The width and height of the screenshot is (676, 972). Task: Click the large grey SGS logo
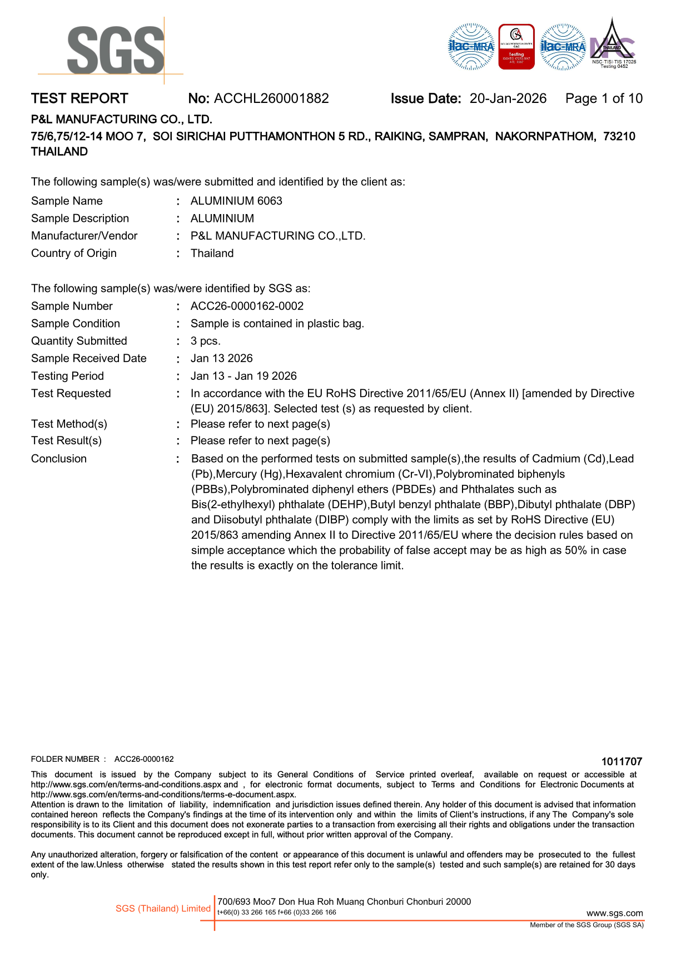click(116, 50)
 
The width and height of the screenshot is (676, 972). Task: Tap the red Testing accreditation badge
click(516, 47)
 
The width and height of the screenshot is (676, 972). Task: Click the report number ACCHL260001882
click(271, 98)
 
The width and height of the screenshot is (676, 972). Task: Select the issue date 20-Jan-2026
click(508, 98)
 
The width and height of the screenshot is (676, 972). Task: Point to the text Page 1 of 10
click(604, 98)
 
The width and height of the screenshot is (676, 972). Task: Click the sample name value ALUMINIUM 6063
click(236, 201)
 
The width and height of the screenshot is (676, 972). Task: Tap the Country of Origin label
click(74, 253)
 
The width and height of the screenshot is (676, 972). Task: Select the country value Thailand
click(212, 253)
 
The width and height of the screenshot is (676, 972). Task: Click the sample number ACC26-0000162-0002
click(247, 306)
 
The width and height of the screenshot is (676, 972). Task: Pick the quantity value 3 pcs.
click(205, 341)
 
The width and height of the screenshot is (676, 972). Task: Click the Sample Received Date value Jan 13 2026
click(221, 358)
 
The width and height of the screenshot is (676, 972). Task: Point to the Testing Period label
click(67, 376)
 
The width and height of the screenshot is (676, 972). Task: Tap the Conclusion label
click(59, 459)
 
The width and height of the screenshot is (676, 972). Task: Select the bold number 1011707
click(622, 761)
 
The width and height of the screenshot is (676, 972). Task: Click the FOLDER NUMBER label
click(66, 759)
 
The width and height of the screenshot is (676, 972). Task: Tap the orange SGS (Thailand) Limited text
click(163, 908)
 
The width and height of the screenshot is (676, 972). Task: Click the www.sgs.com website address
click(614, 913)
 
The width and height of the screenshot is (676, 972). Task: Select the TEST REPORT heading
click(79, 98)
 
